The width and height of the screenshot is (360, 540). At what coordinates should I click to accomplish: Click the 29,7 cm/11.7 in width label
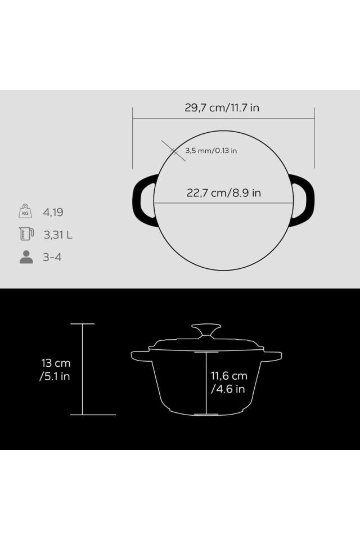pos(222,108)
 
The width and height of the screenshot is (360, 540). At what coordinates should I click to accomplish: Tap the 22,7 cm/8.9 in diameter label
pos(223,193)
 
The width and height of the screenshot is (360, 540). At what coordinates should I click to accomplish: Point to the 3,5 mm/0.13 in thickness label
pos(211,151)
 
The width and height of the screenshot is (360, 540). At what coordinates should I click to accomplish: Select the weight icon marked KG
pos(25,211)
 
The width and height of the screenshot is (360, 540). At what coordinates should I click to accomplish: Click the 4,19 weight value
pos(53,212)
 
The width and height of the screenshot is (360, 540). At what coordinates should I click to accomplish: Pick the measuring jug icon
pos(26,233)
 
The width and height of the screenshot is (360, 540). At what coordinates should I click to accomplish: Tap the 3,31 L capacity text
pos(58,235)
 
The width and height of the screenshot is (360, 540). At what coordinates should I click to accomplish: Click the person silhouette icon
pos(26,257)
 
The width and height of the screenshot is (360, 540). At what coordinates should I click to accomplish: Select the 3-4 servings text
pos(52,257)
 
